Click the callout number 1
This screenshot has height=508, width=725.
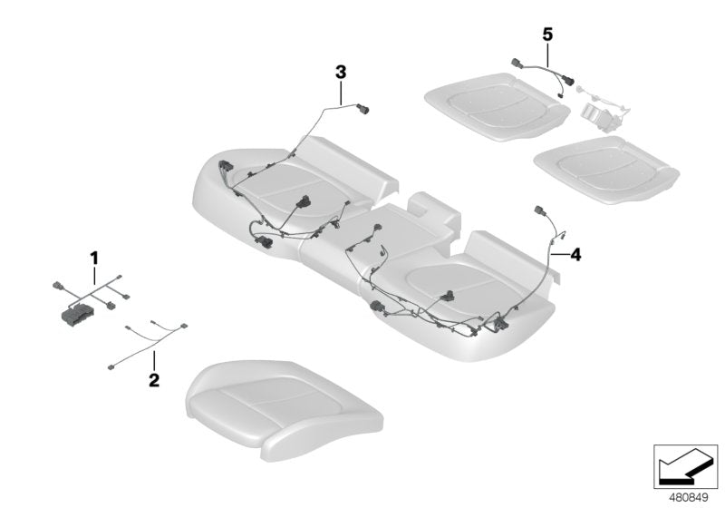tap(92, 259)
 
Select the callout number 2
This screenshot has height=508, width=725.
tap(154, 379)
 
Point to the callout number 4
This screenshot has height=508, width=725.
tap(575, 254)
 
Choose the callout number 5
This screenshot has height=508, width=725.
tap(546, 34)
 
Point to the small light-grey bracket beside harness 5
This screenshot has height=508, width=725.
tap(597, 112)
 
